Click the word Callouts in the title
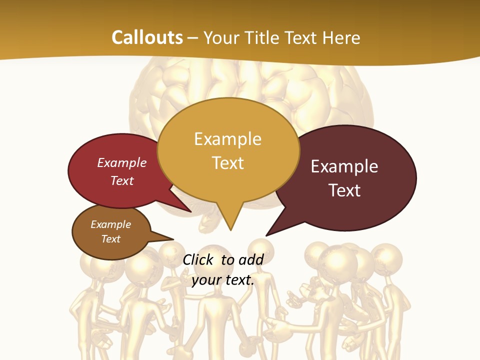(147, 37)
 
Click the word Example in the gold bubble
(228, 138)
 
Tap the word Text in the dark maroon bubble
(344, 190)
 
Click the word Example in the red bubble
(122, 162)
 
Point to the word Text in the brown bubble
(111, 239)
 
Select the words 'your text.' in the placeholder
(223, 280)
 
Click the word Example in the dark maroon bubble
(344, 166)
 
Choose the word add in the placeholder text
(251, 259)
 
